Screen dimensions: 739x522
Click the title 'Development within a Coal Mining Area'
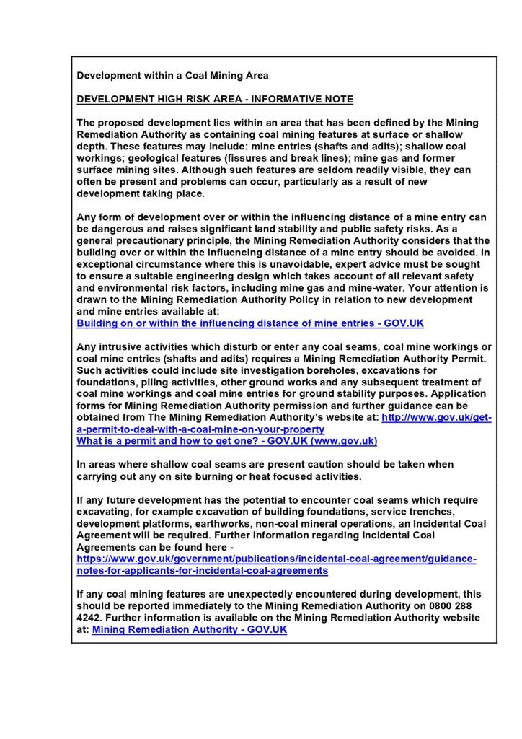coord(172,75)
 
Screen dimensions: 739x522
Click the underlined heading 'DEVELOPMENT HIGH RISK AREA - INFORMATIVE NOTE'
coord(215,99)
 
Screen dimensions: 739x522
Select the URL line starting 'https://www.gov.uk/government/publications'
coord(277,559)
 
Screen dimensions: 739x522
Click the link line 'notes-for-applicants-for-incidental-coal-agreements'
coord(203,570)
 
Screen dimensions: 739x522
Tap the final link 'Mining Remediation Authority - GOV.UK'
coord(190,629)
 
